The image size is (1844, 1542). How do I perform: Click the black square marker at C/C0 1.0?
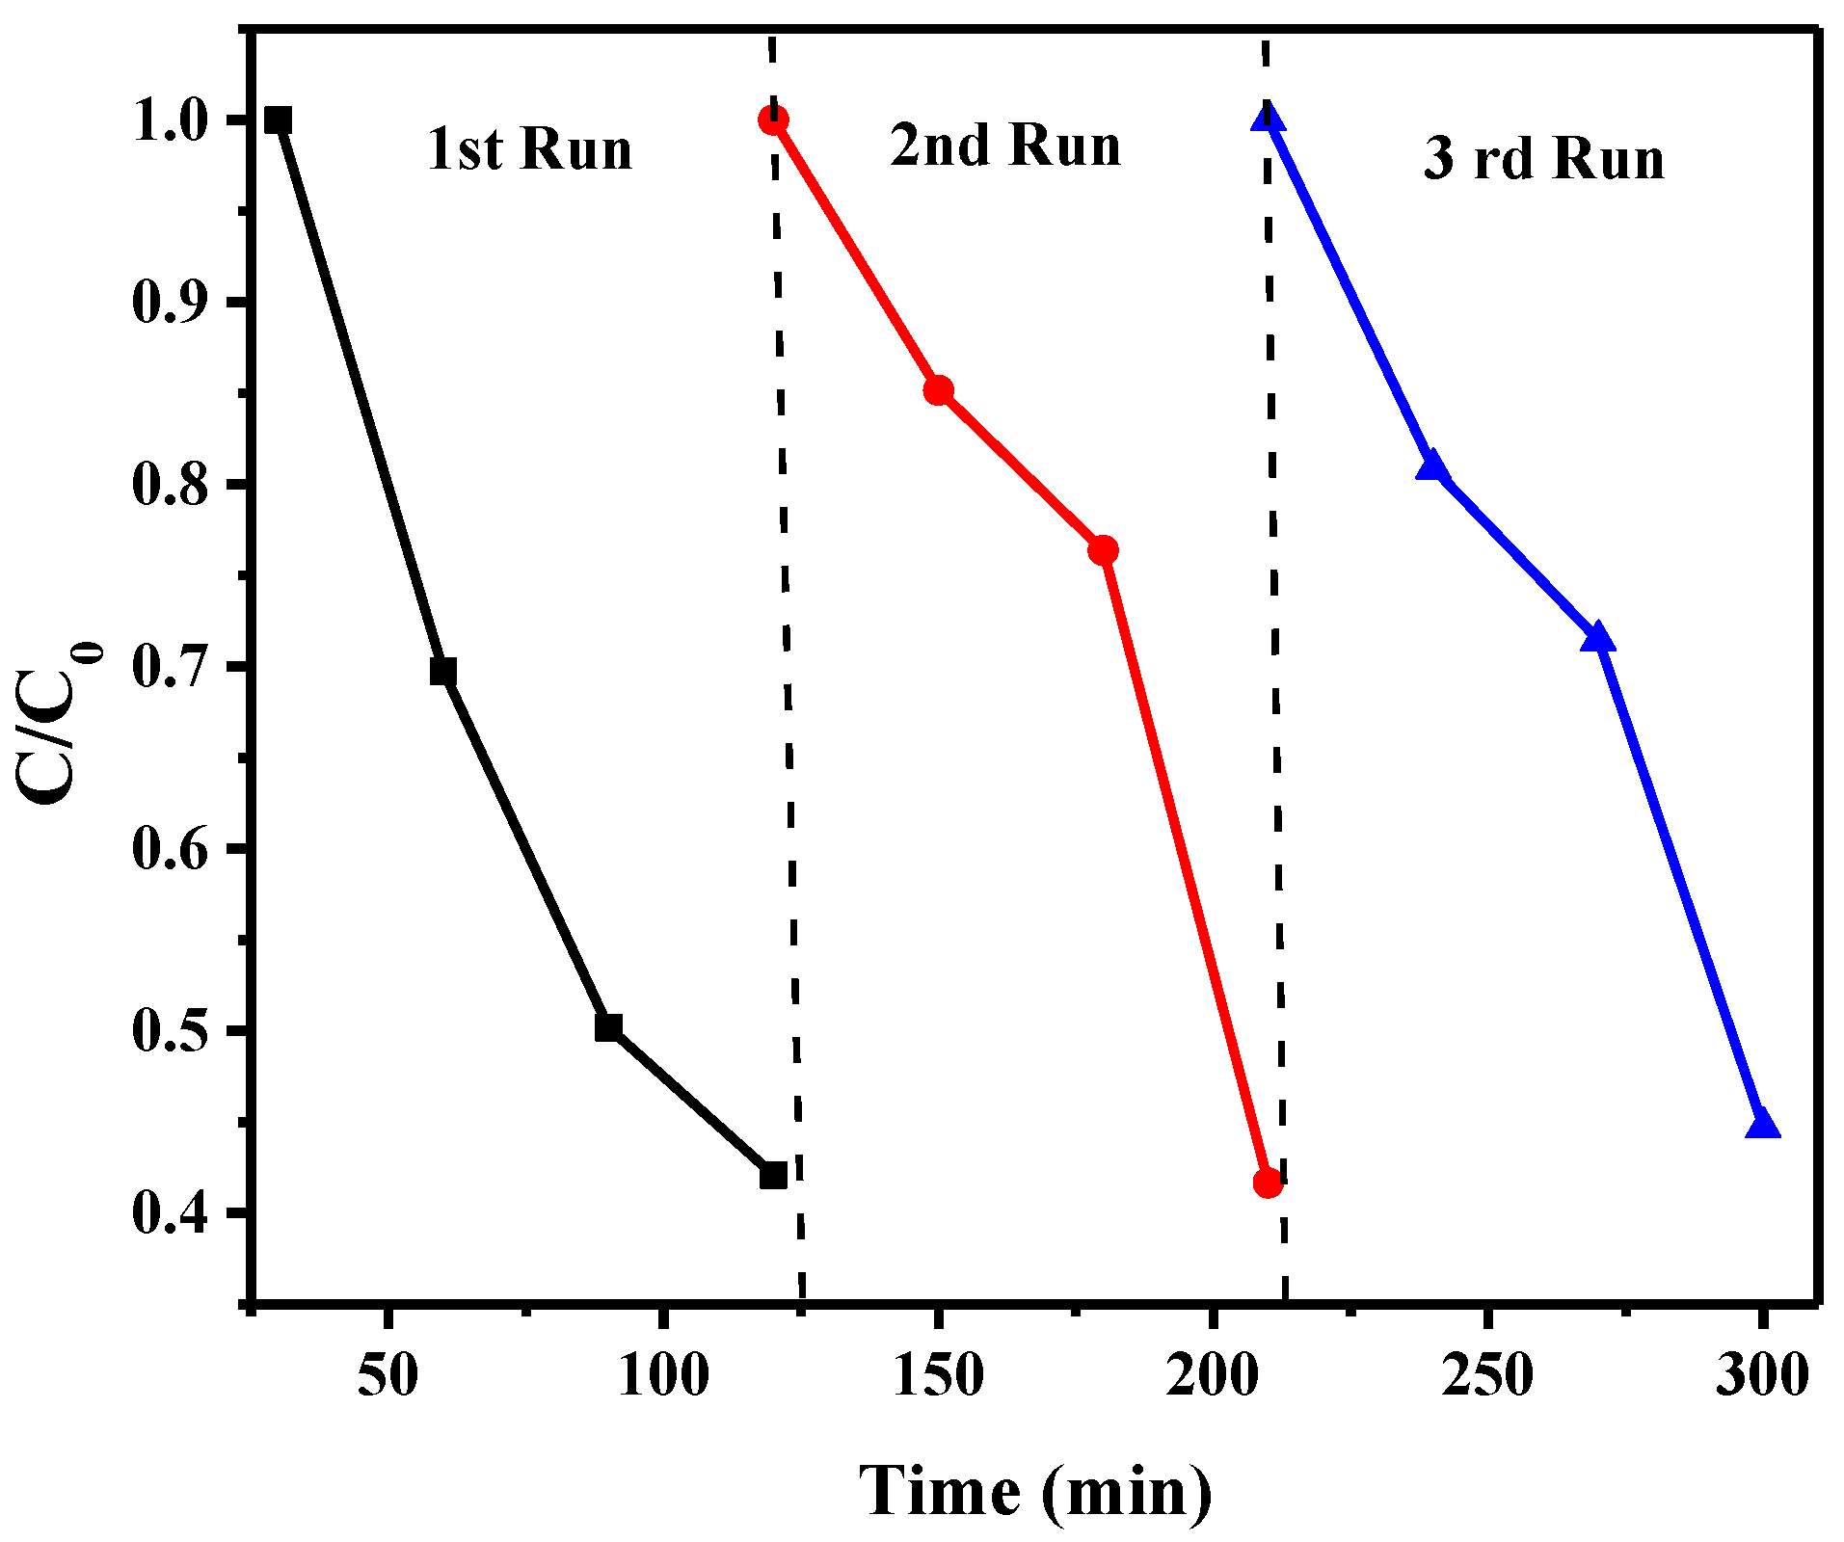tap(278, 120)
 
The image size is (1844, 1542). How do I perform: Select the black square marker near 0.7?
tap(442, 672)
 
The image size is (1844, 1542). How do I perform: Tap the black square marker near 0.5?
tap(608, 1027)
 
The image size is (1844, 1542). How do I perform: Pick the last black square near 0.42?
tap(773, 1175)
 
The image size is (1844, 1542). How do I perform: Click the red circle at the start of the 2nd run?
tap(773, 120)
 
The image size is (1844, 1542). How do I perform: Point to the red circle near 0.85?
tap(938, 390)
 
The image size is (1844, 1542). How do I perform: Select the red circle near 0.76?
tap(1103, 550)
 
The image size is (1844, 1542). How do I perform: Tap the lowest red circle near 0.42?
tap(1268, 1183)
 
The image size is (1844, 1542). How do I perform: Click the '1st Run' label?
tap(529, 149)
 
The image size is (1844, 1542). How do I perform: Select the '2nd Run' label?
tap(1005, 146)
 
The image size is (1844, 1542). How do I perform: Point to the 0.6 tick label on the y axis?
tap(171, 849)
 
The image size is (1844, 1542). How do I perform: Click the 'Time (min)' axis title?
tap(1035, 1490)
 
